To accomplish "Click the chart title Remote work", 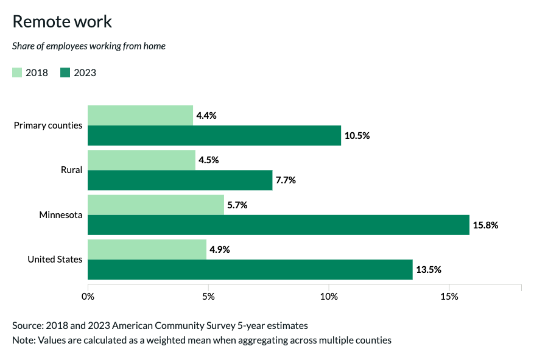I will pos(62,21).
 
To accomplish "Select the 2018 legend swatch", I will pos(18,73).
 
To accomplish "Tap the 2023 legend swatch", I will pos(66,73).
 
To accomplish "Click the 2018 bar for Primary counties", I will pos(140,115).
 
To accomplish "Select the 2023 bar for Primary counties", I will pos(214,135).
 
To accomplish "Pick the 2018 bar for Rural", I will pos(141,160).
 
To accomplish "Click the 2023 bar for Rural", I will pos(180,180).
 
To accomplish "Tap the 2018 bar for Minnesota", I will pos(156,205).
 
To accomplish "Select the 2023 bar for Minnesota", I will pos(278,225).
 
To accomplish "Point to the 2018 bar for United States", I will pos(147,249).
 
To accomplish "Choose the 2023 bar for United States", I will pos(250,269).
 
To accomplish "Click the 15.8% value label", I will pos(486,225).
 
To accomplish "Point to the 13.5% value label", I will pos(429,269).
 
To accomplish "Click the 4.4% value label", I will pos(206,115).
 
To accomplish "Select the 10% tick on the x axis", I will pos(329,297).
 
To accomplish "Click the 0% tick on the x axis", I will pos(88,297).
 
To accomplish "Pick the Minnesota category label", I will pos(60,215).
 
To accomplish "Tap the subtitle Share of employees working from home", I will pos(89,46).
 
